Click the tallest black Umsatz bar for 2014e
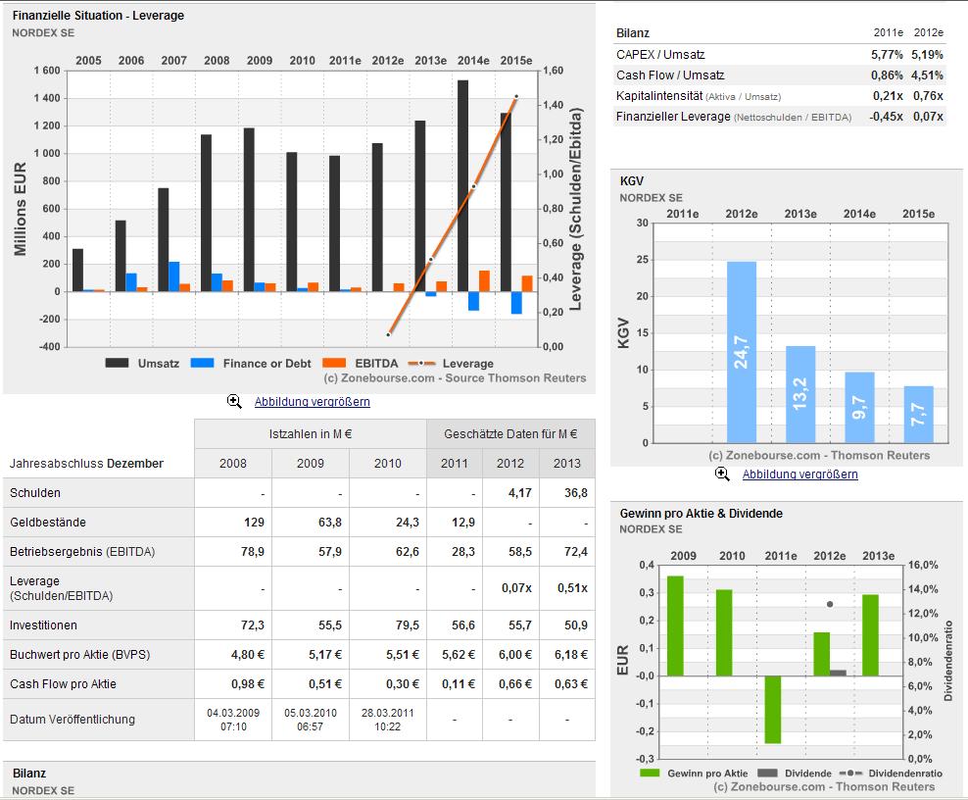[462, 185]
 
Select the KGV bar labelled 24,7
[741, 352]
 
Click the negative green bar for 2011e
[773, 709]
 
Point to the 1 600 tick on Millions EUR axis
[45, 71]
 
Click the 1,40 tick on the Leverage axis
[554, 105]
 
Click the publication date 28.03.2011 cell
[387, 719]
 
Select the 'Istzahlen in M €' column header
[311, 434]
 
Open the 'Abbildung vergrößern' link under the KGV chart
[799, 475]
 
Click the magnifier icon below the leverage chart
[235, 402]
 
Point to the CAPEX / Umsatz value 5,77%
[887, 55]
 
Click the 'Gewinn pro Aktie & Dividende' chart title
[702, 513]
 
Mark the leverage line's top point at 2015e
[516, 97]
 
